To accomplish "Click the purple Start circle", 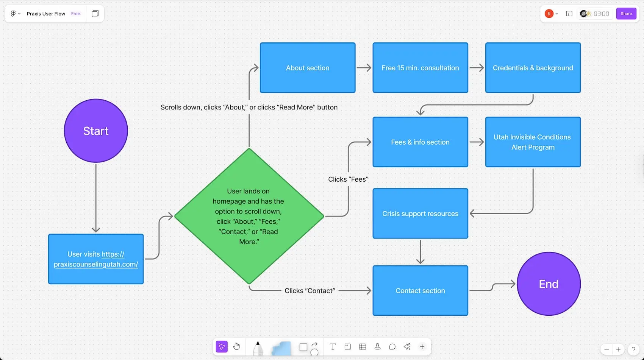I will pos(96,131).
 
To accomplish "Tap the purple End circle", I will pos(549,284).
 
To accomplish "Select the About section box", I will pos(308,68).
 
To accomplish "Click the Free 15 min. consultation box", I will pos(420,68).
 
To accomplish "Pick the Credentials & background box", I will pos(533,68).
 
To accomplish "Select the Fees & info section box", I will pos(420,142).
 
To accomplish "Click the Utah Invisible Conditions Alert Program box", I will pos(533,142).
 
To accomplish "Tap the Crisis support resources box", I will pos(420,214).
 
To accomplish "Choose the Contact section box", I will pos(420,291).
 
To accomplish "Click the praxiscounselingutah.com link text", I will pos(96,264).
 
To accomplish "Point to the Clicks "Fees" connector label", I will pos(348,179).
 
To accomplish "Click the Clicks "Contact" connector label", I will pos(310,291).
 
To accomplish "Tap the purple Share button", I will pos(626,14).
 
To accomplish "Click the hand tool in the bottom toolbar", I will pos(237,347).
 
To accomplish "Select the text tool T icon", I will pos(333,347).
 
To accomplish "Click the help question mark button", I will pos(633,349).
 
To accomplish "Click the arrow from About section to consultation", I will pos(364,68).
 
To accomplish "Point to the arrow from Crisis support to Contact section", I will pos(420,252).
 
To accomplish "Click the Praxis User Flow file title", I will pos(46,14).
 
